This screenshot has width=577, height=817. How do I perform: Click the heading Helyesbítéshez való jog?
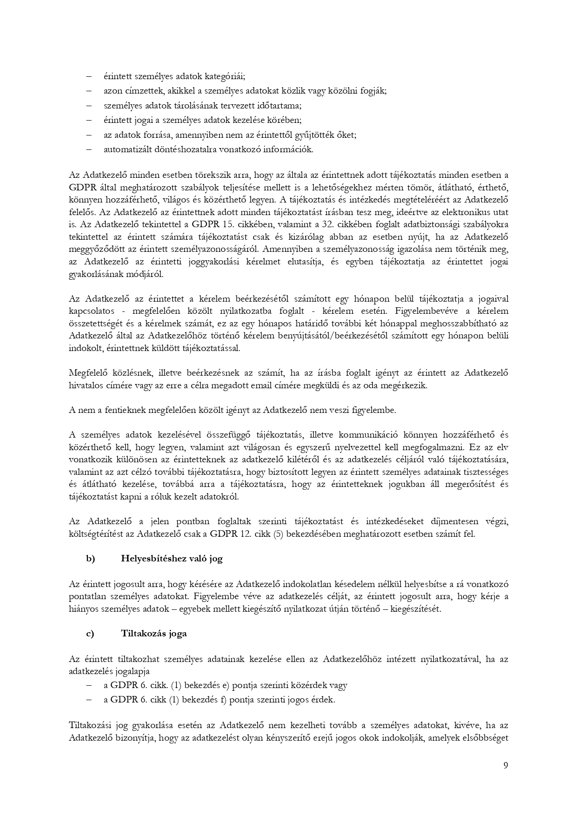click(172, 559)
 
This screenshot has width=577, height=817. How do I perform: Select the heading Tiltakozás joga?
click(154, 634)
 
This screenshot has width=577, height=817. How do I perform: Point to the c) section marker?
click(90, 634)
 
